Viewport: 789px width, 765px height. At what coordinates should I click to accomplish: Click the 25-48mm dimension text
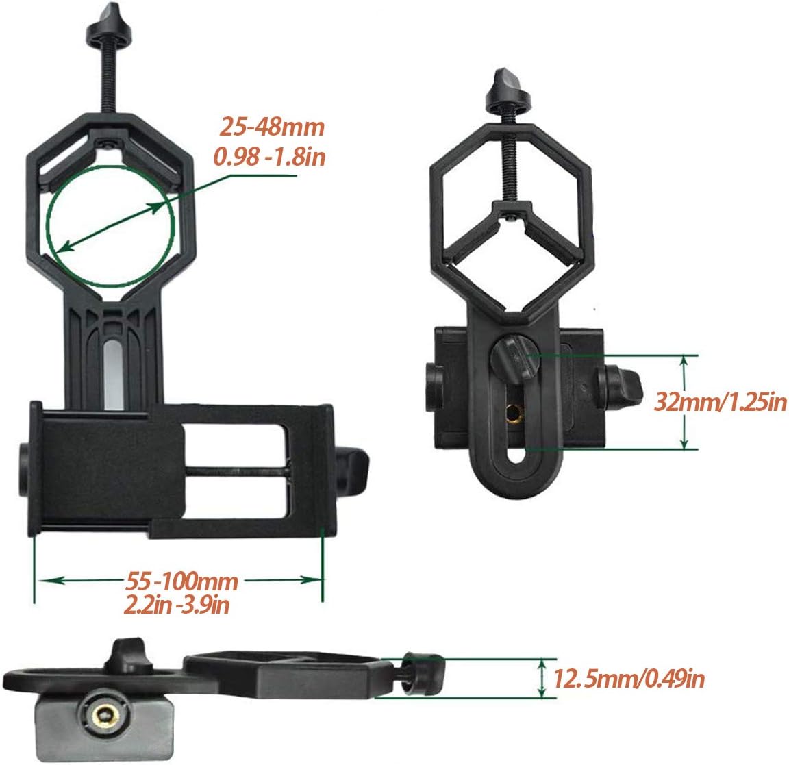[272, 126]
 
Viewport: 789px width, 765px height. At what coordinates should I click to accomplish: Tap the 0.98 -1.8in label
[270, 157]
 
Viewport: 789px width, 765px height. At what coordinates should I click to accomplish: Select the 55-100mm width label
[181, 581]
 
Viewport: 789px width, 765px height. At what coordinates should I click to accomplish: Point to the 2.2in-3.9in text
[177, 604]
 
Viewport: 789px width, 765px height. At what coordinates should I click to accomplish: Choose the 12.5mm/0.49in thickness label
[629, 679]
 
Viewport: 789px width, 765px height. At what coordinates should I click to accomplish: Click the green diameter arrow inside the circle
[111, 227]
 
